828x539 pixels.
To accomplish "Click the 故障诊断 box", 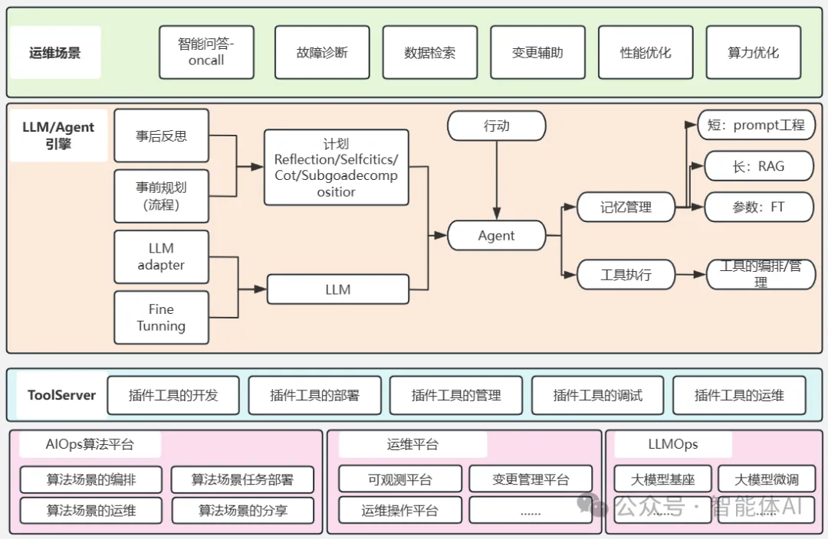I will point(322,52).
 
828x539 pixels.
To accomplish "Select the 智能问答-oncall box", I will point(206,52).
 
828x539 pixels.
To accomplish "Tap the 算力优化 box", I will point(753,52).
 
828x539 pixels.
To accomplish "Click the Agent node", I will point(496,236).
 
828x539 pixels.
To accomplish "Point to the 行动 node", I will point(496,126).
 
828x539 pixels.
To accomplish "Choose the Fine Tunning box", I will point(161,318).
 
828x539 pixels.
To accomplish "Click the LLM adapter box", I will point(161,256).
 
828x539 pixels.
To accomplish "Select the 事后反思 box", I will point(161,136).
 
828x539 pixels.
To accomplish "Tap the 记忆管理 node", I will point(626,207).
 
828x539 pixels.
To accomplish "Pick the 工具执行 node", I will point(626,274).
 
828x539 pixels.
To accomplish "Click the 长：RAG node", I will point(758,166).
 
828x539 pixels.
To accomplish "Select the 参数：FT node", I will point(758,207).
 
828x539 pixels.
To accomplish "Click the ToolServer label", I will point(61,395).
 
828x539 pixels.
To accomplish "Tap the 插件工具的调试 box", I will point(597,395).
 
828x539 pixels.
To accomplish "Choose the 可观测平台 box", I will point(399,479).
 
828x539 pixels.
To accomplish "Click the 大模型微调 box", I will point(766,479).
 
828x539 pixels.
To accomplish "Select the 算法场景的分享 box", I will point(242,510).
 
